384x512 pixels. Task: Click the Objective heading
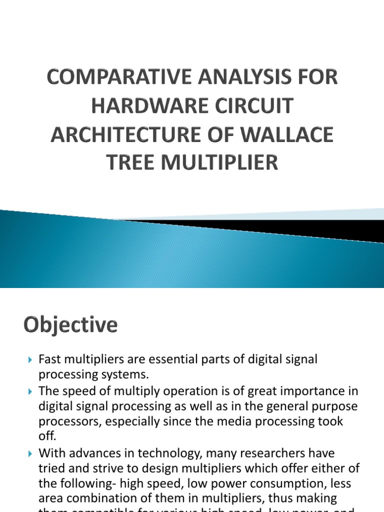point(70,325)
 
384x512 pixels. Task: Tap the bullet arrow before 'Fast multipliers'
point(29,359)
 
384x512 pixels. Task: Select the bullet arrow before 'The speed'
point(29,390)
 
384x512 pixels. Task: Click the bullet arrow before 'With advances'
point(29,453)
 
